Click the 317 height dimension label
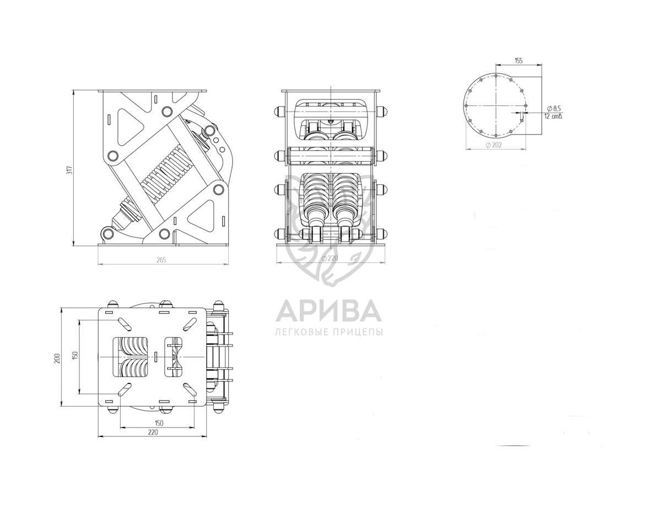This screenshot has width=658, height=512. pyautogui.click(x=71, y=170)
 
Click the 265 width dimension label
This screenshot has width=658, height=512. pyautogui.click(x=161, y=260)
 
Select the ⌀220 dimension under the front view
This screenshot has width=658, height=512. pyautogui.click(x=330, y=258)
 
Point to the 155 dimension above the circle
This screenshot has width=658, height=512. pyautogui.click(x=518, y=61)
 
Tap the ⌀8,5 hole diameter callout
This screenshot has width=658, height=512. pyautogui.click(x=554, y=109)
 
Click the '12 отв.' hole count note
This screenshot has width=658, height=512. pyautogui.click(x=553, y=116)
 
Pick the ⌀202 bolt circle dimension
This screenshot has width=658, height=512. pyautogui.click(x=494, y=145)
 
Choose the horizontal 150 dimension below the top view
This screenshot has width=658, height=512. pyautogui.click(x=159, y=423)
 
